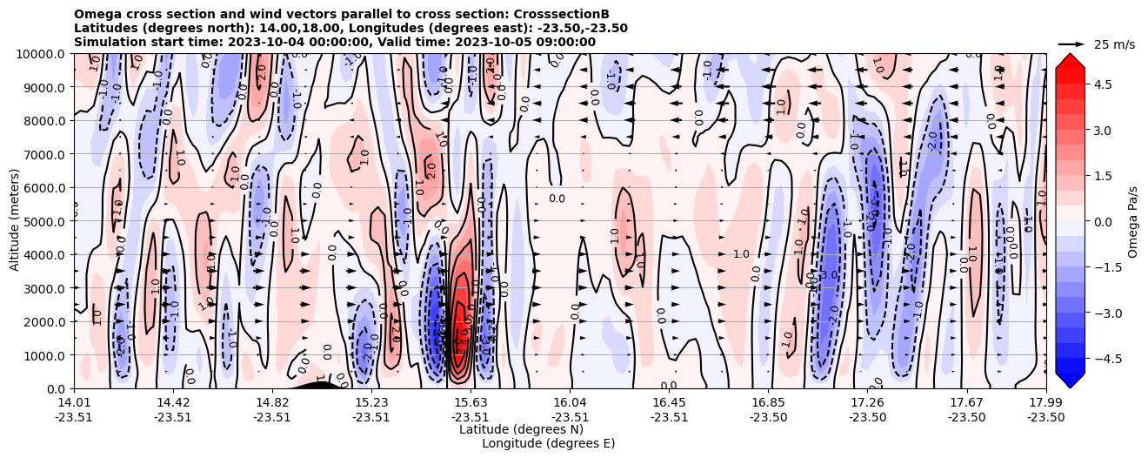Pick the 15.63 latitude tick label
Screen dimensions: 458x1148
click(471, 402)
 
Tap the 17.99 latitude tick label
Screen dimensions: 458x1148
click(1045, 402)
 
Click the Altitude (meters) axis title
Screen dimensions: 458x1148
click(15, 221)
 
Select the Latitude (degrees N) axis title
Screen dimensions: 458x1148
click(521, 429)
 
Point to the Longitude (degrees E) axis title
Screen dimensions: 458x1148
click(549, 443)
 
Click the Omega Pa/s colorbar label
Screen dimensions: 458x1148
click(1133, 221)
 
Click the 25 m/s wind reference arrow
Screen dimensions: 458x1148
click(1071, 44)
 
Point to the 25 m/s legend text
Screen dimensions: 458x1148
click(1114, 44)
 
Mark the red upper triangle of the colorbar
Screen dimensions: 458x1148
click(1070, 60)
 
